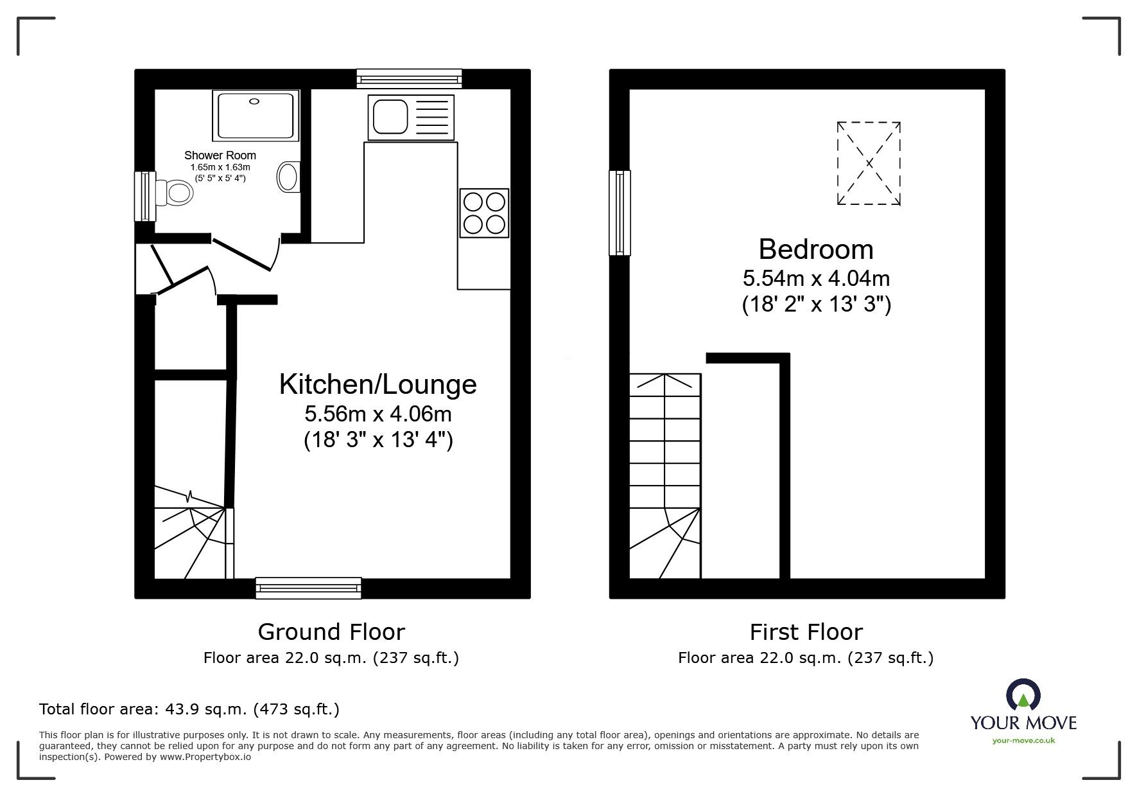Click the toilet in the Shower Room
[x=173, y=191]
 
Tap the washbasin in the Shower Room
[x=289, y=175]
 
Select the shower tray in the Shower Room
[x=256, y=115]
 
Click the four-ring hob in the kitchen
[x=485, y=213]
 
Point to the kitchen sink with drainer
[x=411, y=117]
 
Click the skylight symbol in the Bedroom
[x=869, y=163]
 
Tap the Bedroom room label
[x=816, y=249]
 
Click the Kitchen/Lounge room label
[x=378, y=384]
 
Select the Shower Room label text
[x=220, y=155]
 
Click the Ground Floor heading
[x=331, y=632]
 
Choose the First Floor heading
[x=806, y=632]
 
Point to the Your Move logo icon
[x=1023, y=696]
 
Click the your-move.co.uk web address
[x=1023, y=741]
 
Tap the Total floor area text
[x=189, y=709]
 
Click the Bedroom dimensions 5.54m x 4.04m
[x=816, y=278]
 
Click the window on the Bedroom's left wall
[x=620, y=213]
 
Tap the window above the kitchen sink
[x=410, y=79]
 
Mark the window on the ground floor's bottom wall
[x=308, y=588]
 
